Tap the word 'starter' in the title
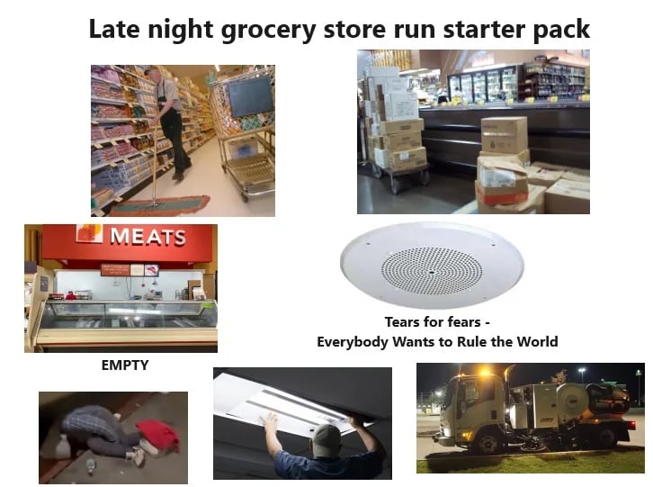(x=460, y=29)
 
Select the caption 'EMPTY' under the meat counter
(x=125, y=365)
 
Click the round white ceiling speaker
(x=418, y=266)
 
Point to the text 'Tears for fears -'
(x=437, y=321)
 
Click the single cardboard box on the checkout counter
(x=504, y=136)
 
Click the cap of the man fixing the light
(x=326, y=437)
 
